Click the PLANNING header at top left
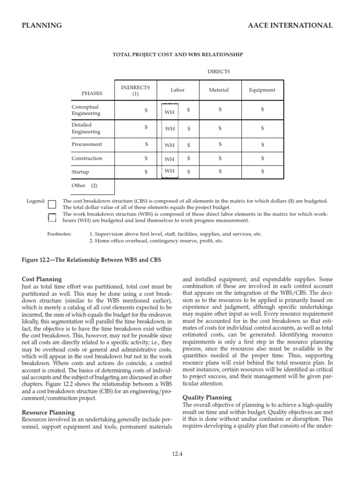point(42,25)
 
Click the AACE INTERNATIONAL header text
point(290,25)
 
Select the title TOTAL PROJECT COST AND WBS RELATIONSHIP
point(178,54)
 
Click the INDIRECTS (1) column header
point(135,90)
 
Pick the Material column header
point(219,90)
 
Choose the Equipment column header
point(262,90)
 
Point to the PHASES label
point(92,93)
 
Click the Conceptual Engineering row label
point(85,110)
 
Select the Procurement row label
point(87,144)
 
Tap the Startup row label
point(80,172)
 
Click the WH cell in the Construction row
point(169,159)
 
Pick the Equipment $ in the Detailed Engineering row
point(262,128)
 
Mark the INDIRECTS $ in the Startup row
point(146,172)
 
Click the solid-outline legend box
point(52,204)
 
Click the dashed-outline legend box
point(52,217)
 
